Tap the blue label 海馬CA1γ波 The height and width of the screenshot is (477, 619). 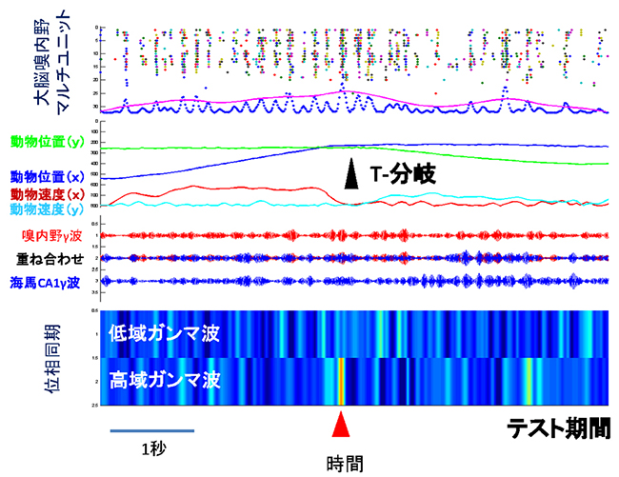51,281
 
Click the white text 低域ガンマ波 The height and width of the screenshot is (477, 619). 164,335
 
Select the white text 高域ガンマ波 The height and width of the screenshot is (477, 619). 164,381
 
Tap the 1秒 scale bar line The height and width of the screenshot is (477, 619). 151,430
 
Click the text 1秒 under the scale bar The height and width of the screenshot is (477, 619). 151,448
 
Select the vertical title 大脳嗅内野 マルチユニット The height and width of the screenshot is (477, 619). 29,63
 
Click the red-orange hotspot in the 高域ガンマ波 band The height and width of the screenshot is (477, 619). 340,381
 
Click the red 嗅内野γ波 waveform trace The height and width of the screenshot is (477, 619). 352,235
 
